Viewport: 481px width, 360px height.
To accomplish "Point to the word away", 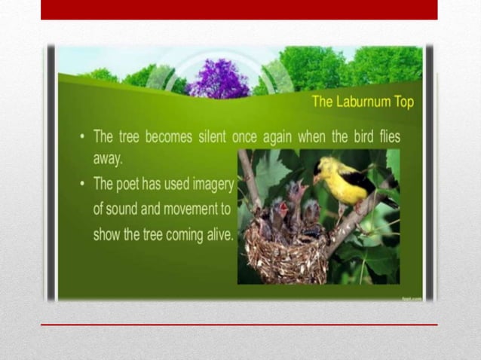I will (x=109, y=159).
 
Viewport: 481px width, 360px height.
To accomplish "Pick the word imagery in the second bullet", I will (x=213, y=185).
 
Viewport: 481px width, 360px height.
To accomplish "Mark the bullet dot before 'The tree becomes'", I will (x=81, y=139).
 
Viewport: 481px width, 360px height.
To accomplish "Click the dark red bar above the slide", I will (x=239, y=10).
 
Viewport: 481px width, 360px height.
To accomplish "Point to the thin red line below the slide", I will (x=239, y=325).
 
